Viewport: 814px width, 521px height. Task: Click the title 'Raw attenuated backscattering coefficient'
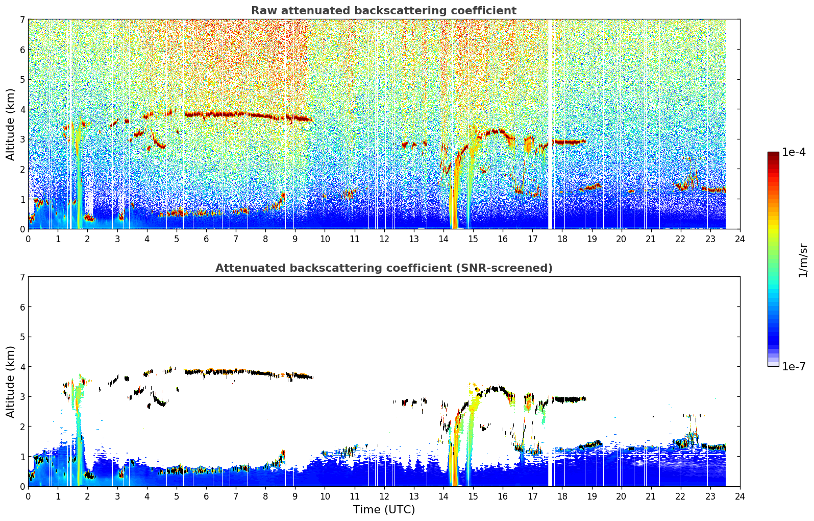click(x=384, y=11)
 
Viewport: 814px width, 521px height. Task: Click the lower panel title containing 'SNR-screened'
click(x=384, y=268)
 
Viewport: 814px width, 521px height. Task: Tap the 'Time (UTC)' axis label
click(x=384, y=509)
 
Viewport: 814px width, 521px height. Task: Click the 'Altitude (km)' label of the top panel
click(x=10, y=125)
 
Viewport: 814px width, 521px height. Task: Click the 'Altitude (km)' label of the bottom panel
click(x=10, y=382)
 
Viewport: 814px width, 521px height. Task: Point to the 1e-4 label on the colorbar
click(x=794, y=152)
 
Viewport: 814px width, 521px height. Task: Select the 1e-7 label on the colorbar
click(x=794, y=367)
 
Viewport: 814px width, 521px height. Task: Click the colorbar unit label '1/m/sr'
click(x=803, y=261)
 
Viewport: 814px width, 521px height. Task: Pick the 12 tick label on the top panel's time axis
click(x=384, y=239)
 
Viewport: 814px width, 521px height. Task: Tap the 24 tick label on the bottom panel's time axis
click(x=740, y=496)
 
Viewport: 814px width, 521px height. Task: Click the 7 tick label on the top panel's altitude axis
click(x=22, y=19)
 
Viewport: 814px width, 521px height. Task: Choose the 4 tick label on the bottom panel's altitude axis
click(x=22, y=367)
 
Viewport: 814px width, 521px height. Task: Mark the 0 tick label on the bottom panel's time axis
click(x=29, y=496)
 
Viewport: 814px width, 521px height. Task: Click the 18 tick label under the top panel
click(x=562, y=239)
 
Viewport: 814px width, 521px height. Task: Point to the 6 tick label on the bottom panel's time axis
click(x=206, y=496)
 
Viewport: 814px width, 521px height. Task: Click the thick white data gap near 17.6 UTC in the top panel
click(x=550, y=124)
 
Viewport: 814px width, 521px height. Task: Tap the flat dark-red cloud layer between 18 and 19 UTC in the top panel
click(x=569, y=142)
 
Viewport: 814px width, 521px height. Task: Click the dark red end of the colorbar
click(x=773, y=154)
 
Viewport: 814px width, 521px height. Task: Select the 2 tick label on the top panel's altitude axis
click(x=22, y=169)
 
